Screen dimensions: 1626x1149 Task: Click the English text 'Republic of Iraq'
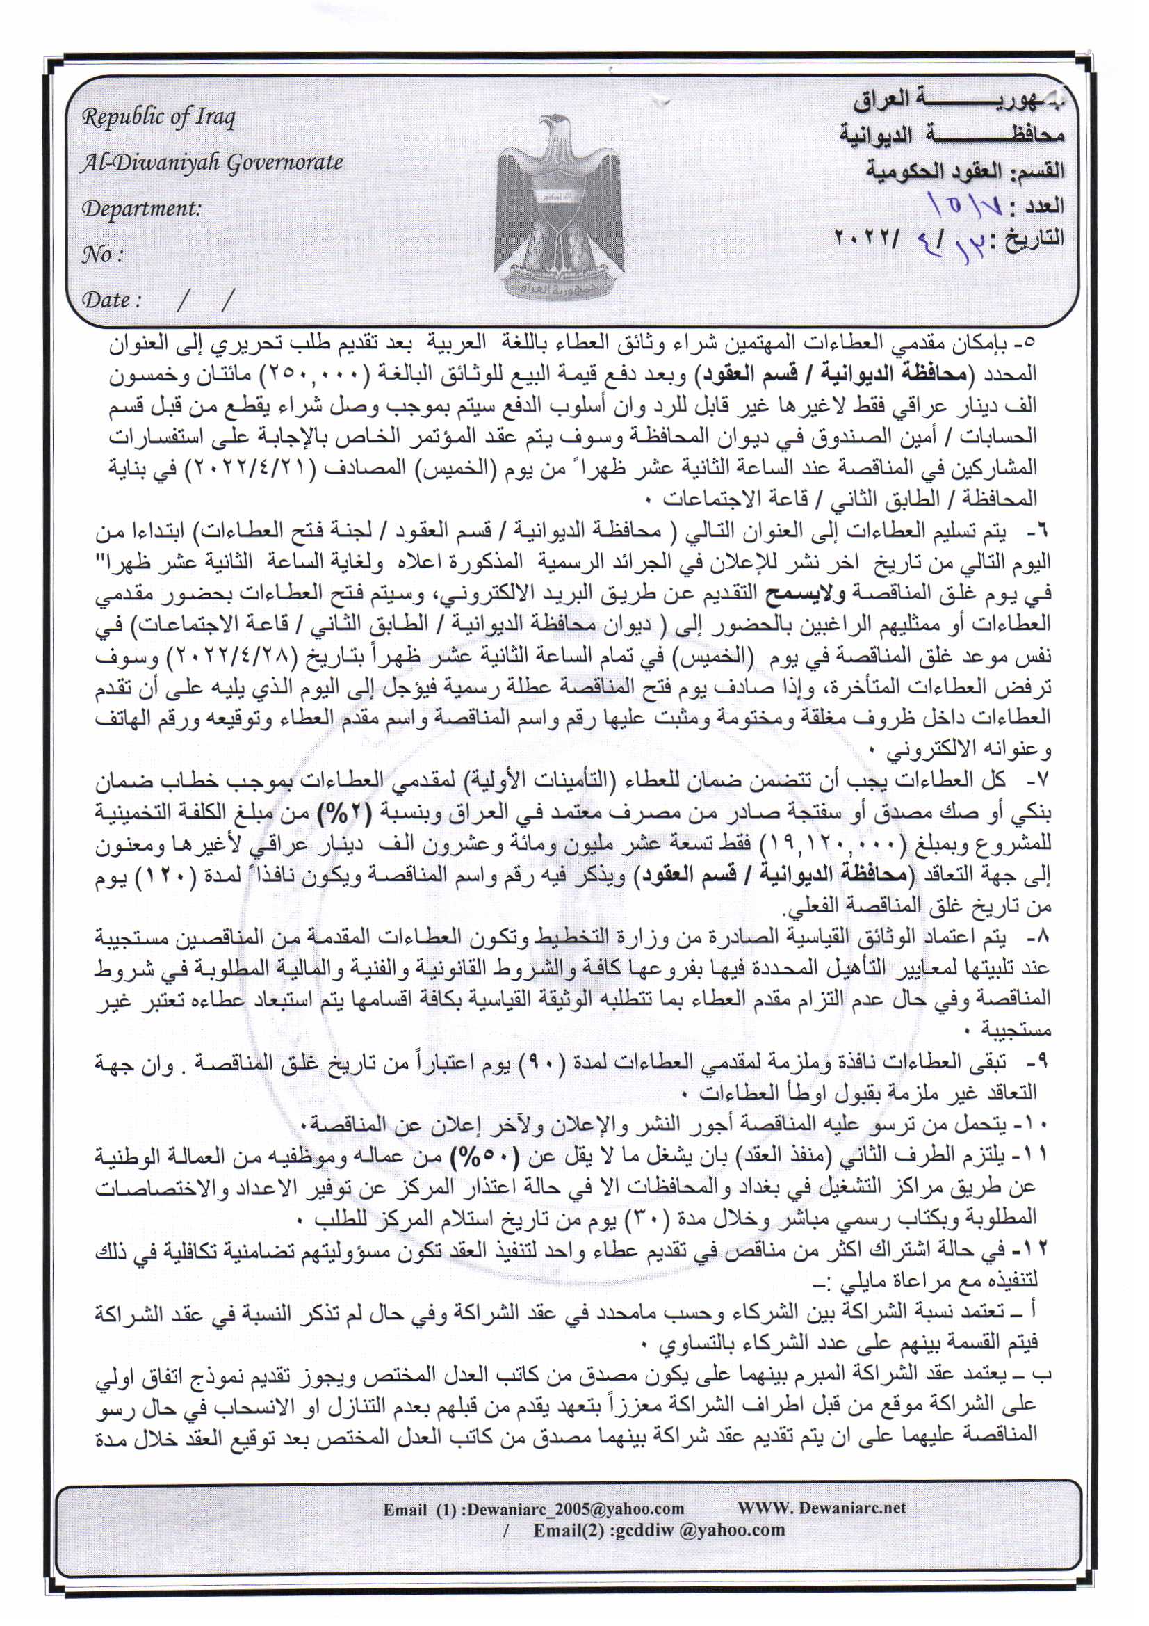tap(158, 118)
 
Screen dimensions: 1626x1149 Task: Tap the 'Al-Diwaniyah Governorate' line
tap(212, 163)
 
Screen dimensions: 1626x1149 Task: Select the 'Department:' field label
tap(142, 209)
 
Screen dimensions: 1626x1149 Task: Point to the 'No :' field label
tap(104, 255)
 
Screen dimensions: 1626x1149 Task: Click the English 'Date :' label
tap(111, 300)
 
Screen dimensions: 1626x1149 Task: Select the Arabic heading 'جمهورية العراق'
tap(959, 101)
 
